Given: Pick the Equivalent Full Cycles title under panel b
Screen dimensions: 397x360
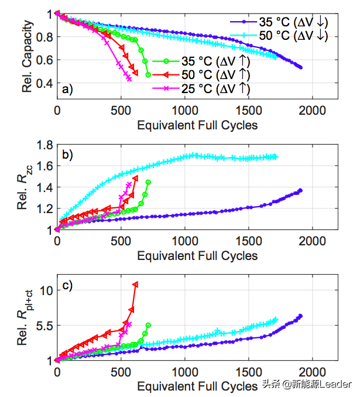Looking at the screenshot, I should click(x=197, y=256).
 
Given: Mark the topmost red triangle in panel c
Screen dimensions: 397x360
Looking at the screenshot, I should click(x=136, y=284).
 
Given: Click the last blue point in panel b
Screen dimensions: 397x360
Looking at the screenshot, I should click(x=300, y=190).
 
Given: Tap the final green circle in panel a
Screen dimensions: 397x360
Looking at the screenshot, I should click(x=148, y=75).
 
